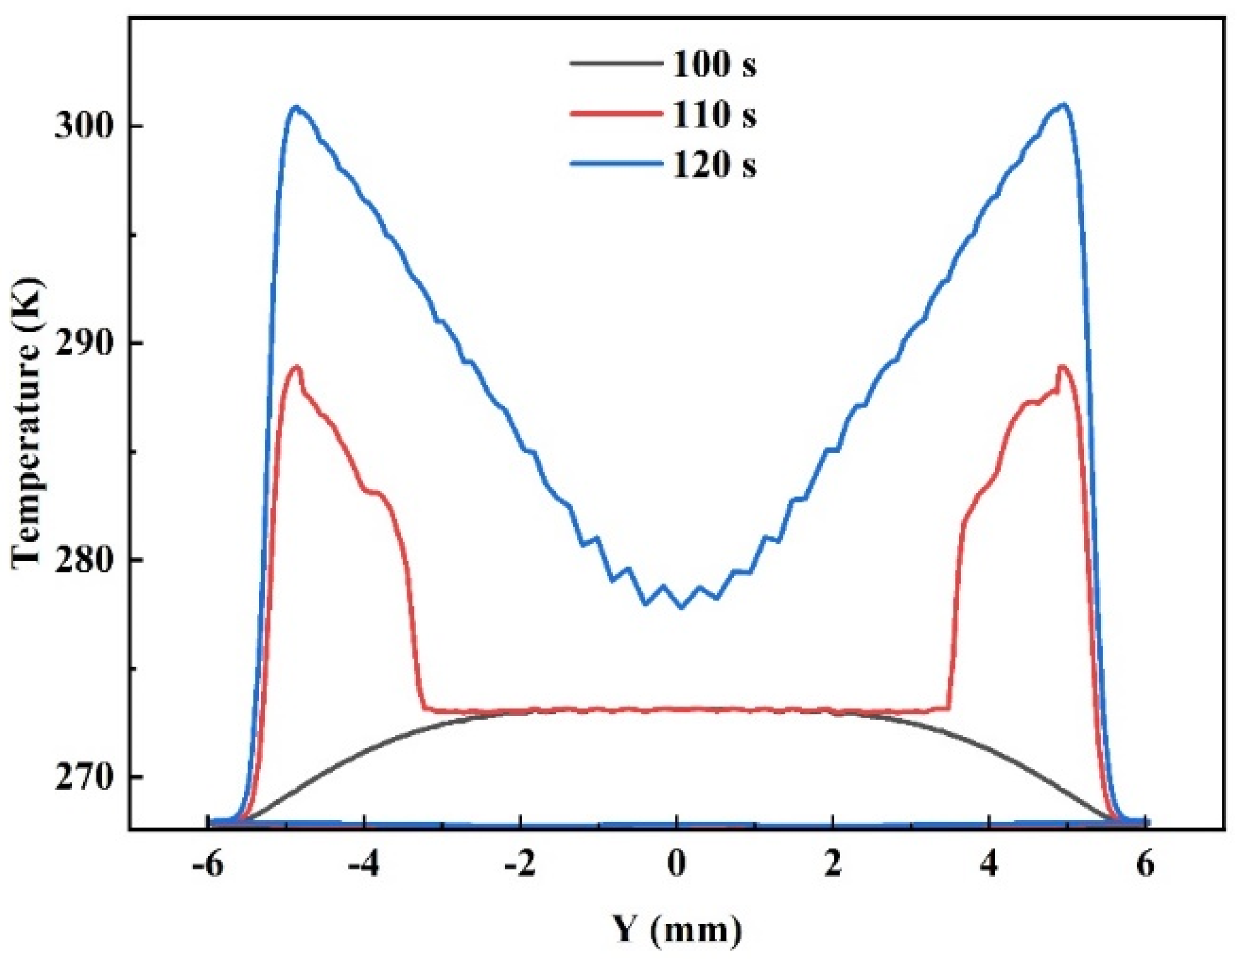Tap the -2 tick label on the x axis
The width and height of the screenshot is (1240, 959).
(x=519, y=867)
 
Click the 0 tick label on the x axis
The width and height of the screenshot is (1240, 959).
(x=676, y=867)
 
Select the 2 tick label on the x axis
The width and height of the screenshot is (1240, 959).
(x=832, y=867)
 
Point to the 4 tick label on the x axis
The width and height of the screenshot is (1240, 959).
(x=989, y=867)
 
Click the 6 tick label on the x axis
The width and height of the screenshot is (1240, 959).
(x=1145, y=867)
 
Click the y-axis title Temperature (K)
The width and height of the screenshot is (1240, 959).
(x=27, y=420)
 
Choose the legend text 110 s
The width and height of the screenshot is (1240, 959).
(x=714, y=116)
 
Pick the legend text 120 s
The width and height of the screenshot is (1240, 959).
(x=714, y=165)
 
